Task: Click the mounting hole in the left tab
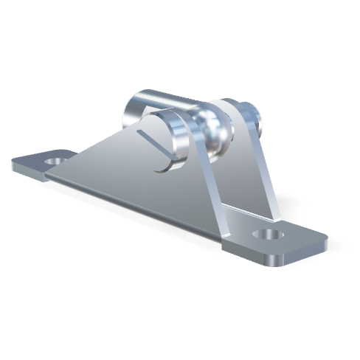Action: [55, 159]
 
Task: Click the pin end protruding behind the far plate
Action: [254, 114]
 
